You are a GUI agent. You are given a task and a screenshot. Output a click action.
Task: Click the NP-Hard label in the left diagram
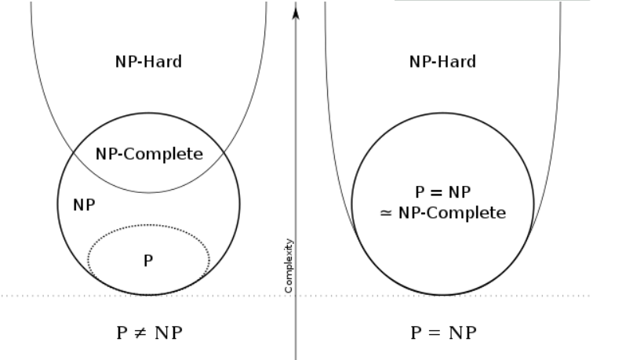coord(148,61)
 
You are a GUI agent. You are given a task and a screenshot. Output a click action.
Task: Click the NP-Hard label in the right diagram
coord(442,61)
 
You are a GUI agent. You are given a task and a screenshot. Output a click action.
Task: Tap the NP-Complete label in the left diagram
coord(149,154)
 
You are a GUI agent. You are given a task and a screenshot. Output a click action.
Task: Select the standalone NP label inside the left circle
coord(84,205)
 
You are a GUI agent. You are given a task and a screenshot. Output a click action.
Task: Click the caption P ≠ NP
coord(148,332)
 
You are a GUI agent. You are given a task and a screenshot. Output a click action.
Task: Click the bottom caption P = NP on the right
coord(442,332)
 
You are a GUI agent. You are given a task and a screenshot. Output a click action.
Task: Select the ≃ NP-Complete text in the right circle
coord(442,213)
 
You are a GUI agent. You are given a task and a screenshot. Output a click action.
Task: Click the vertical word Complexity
coord(289,265)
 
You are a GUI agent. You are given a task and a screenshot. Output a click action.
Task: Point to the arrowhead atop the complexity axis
coord(296,12)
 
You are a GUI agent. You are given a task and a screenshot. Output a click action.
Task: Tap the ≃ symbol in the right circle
coord(385,213)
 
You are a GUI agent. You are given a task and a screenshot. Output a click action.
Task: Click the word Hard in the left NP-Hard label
coord(164,61)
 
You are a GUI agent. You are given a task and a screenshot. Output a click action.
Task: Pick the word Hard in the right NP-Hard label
coord(458,61)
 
